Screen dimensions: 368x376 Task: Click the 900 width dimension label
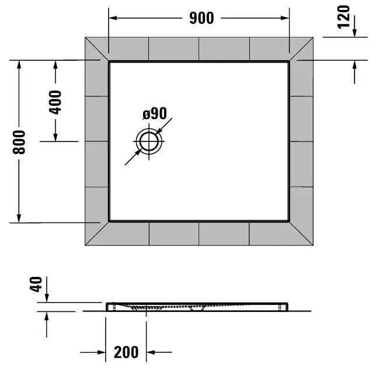coord(201,18)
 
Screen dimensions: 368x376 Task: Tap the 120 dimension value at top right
coord(344,18)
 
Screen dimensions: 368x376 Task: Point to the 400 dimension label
coord(55,102)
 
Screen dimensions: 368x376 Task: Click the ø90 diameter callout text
coord(155,113)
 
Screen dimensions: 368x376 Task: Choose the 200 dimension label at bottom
coord(126,352)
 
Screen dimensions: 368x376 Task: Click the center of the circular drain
coord(149,141)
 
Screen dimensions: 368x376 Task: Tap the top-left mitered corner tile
coord(97,49)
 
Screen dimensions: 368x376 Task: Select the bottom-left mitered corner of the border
coord(97,234)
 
